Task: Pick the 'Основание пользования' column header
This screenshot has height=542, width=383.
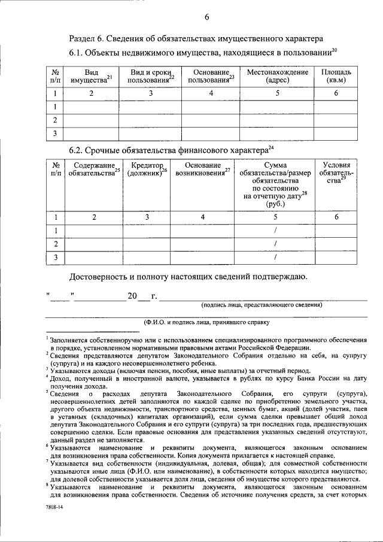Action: point(210,75)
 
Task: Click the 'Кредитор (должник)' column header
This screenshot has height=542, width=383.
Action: point(147,169)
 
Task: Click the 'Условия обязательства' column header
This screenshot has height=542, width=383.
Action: point(336,174)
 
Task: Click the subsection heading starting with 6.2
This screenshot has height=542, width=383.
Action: point(171,149)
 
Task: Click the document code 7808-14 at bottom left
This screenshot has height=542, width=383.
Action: point(53,506)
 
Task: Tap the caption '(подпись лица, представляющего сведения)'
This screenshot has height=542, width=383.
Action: point(262,304)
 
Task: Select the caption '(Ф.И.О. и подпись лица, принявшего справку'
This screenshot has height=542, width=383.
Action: point(206,322)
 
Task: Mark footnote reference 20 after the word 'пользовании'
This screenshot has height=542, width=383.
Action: point(335,51)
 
